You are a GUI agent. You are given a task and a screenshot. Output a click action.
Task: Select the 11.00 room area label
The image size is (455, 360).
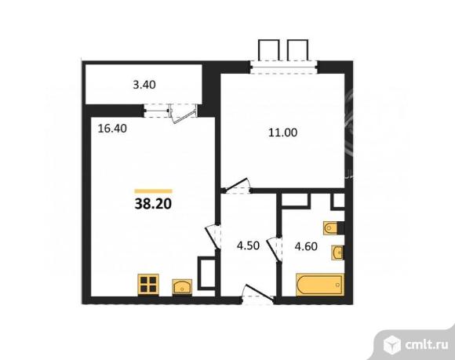(x=281, y=133)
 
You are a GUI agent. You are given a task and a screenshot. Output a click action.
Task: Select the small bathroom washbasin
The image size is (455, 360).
(x=338, y=253)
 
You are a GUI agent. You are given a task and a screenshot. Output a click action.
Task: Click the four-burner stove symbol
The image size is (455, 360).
(x=149, y=283)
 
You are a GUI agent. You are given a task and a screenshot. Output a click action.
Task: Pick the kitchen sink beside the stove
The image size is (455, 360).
(x=182, y=284)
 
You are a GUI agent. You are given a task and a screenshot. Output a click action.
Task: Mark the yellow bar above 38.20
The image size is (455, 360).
(x=154, y=191)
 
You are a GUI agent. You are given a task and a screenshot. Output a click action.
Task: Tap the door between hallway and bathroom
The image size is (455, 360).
(x=274, y=250)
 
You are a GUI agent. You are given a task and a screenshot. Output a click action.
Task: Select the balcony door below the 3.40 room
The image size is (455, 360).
(x=180, y=111)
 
